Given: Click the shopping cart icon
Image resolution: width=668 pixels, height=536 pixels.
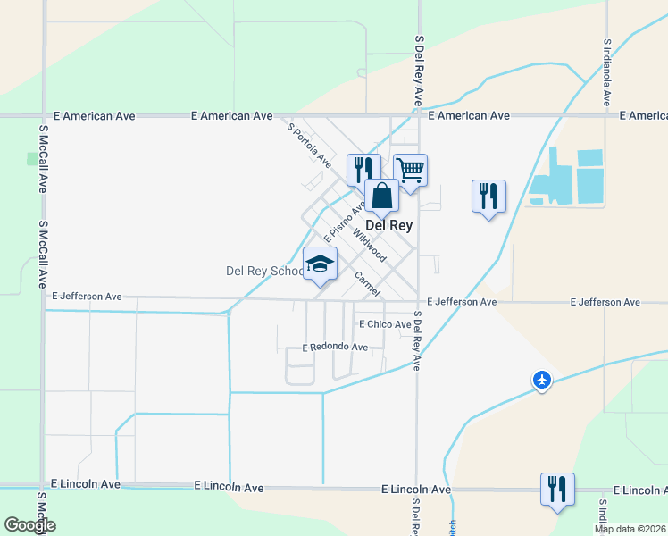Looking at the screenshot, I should click(410, 170).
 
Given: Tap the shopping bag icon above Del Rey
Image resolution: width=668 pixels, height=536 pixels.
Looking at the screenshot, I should click(381, 197).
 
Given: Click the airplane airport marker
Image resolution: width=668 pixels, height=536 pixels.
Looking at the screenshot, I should click(542, 380).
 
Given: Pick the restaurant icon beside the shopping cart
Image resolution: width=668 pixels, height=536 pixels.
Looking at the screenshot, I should click(363, 169).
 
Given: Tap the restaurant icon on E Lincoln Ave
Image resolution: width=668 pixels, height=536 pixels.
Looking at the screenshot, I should click(557, 489).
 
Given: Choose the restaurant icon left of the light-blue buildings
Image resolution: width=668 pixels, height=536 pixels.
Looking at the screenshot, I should click(488, 195).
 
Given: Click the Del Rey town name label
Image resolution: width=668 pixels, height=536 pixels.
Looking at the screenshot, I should click(389, 226).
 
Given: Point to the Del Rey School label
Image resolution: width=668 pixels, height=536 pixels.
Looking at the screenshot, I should click(264, 271).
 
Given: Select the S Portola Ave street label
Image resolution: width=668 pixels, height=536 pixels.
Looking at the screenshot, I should click(309, 145).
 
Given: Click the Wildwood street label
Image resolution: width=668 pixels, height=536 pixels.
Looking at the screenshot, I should click(369, 244).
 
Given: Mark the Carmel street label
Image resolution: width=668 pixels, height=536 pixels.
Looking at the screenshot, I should click(367, 284).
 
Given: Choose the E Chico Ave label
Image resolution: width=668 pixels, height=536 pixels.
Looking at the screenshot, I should click(384, 324).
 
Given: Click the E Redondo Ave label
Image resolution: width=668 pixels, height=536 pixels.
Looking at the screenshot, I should click(335, 347).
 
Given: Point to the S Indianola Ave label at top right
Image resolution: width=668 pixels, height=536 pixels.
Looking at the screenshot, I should click(607, 71).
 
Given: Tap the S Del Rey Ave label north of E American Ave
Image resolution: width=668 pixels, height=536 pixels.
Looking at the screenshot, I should click(418, 71).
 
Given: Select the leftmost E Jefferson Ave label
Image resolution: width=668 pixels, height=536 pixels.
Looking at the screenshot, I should click(87, 296).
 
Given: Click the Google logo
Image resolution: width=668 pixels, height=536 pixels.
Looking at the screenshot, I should click(29, 525).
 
